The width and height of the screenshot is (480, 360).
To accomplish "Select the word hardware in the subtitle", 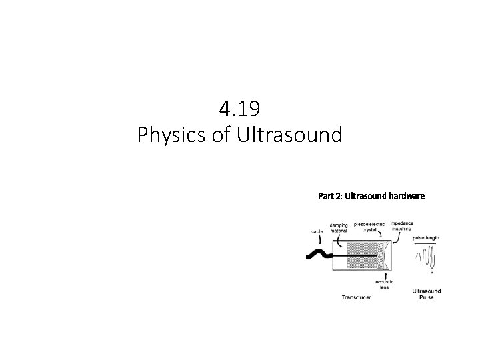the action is (x=401, y=197).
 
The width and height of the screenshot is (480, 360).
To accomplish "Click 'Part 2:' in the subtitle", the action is (x=329, y=197).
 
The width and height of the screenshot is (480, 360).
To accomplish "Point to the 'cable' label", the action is (x=316, y=231).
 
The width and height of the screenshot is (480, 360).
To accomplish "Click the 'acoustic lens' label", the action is (x=386, y=285).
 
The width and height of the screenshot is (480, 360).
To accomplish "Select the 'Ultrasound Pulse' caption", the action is (x=427, y=294).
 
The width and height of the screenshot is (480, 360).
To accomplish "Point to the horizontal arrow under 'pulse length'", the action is (x=426, y=245).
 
